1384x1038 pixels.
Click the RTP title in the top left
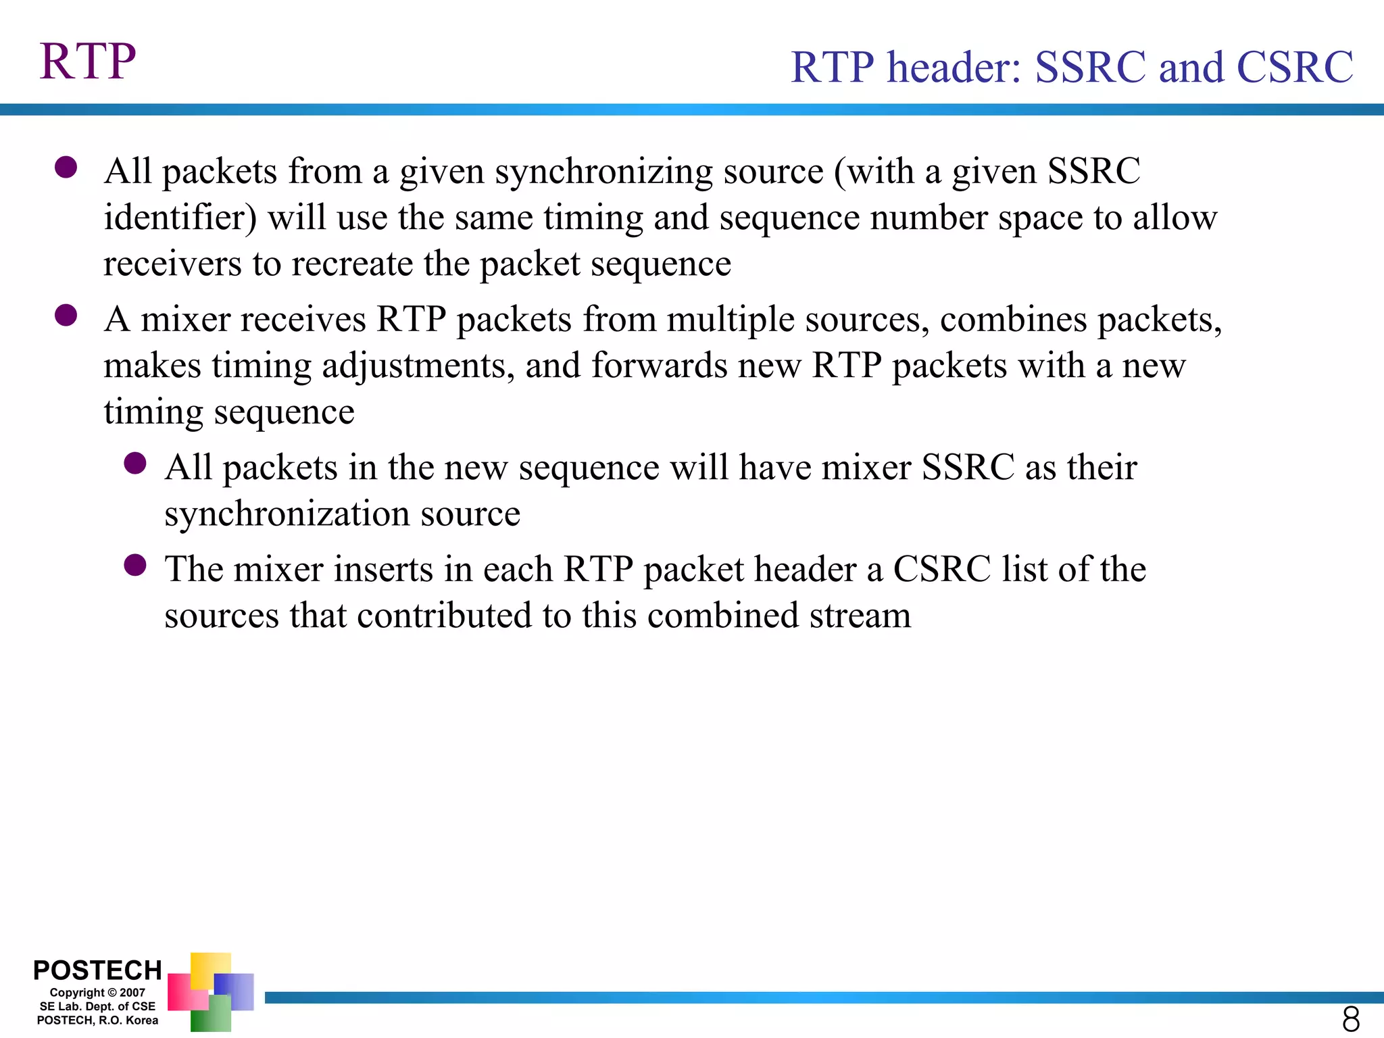pos(88,61)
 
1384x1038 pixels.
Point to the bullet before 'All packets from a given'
pos(66,167)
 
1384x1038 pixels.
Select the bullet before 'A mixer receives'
pos(66,315)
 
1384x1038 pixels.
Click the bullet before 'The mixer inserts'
pos(135,565)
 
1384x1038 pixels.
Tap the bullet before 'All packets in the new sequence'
pos(135,464)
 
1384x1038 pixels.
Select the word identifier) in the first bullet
pos(180,218)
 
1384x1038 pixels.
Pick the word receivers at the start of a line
pos(172,264)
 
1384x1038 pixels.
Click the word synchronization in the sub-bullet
pos(287,514)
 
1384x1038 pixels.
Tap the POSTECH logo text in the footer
pos(97,970)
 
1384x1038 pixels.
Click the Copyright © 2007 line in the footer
pos(97,993)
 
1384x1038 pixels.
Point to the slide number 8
pos(1350,1018)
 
